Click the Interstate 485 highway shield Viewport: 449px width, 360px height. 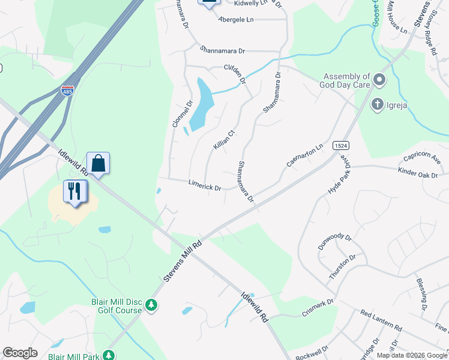click(x=67, y=91)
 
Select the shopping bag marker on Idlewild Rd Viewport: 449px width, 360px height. click(x=98, y=163)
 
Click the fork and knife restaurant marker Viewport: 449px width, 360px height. click(x=75, y=191)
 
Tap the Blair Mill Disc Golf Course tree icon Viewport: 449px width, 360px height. click(x=152, y=305)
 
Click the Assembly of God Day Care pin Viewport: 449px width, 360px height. click(x=379, y=80)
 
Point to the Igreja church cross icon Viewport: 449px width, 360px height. click(x=378, y=104)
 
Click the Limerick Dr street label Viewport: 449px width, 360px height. click(x=205, y=187)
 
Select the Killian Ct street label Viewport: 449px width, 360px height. click(x=223, y=140)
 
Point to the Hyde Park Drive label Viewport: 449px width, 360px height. click(x=339, y=175)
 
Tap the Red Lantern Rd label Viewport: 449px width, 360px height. click(x=381, y=321)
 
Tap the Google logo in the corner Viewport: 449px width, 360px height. click(x=20, y=353)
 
